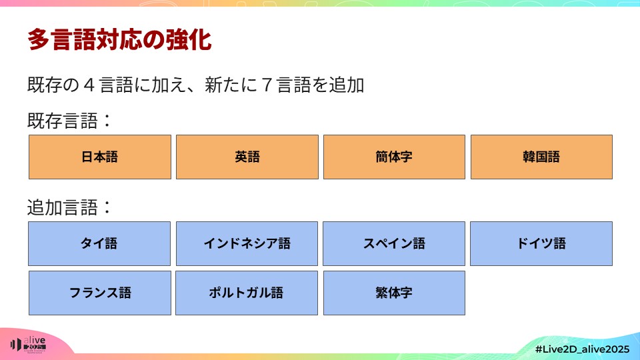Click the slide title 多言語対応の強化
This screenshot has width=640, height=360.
click(x=119, y=40)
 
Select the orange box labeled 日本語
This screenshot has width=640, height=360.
click(x=100, y=157)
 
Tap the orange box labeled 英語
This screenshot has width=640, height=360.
click(x=247, y=157)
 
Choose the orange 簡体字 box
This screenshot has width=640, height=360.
click(x=394, y=157)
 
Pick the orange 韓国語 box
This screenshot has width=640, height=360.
click(x=541, y=157)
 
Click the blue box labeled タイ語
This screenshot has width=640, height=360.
click(x=100, y=243)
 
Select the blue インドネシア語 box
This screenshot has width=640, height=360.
click(x=247, y=243)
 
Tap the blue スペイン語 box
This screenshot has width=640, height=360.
click(x=394, y=243)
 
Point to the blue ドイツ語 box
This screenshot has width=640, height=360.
click(x=541, y=243)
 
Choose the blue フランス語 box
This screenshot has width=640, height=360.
click(x=100, y=293)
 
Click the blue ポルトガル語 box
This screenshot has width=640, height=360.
click(x=247, y=293)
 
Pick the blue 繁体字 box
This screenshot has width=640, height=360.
click(x=394, y=293)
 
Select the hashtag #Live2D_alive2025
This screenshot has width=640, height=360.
click(x=581, y=349)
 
